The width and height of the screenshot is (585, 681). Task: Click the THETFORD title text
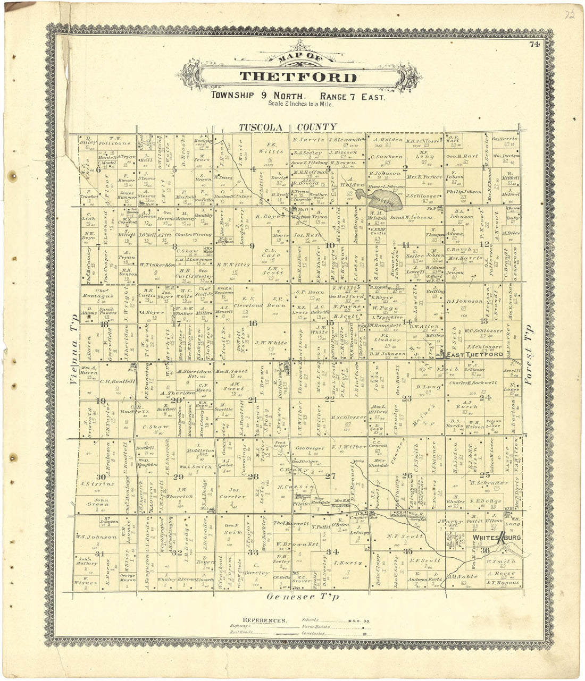(298, 77)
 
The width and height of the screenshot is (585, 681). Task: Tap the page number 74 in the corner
(534, 45)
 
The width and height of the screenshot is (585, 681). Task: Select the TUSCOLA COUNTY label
(287, 127)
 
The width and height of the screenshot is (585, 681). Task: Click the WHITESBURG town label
(491, 539)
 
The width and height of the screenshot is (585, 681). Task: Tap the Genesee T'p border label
(303, 597)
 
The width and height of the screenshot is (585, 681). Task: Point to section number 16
(253, 324)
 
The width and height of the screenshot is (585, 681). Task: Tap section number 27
(330, 476)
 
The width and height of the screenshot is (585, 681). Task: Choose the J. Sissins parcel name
(97, 484)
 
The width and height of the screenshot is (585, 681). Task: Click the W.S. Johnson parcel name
(96, 537)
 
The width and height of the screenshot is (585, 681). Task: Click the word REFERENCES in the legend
(264, 620)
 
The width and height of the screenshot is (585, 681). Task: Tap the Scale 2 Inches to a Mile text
(300, 105)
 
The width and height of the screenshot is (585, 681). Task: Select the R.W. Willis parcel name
(233, 264)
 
